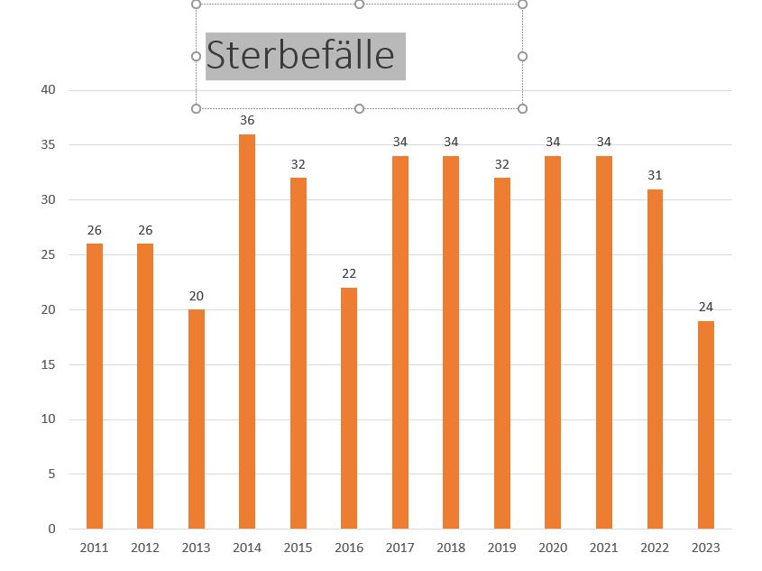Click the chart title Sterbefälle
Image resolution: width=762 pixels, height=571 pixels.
tap(300, 56)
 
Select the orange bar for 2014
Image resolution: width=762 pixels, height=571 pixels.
tap(247, 331)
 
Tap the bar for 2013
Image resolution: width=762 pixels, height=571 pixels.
tap(197, 419)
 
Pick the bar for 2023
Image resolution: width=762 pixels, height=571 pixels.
tap(705, 424)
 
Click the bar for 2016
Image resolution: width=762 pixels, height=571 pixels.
tap(349, 408)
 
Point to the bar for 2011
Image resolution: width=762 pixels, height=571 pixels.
tap(95, 386)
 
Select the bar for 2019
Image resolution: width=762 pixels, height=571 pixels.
tap(502, 353)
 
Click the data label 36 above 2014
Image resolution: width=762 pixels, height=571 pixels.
tap(247, 120)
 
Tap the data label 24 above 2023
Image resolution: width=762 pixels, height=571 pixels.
tap(705, 307)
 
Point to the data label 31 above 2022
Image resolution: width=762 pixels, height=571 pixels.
tap(655, 175)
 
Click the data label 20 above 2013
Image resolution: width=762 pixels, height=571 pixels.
tap(197, 296)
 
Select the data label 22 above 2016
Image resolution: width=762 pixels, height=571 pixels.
tap(349, 273)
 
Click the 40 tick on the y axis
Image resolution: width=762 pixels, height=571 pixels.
tap(48, 89)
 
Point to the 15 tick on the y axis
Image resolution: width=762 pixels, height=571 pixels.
tap(48, 364)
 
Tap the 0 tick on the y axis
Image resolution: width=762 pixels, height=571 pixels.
tap(51, 529)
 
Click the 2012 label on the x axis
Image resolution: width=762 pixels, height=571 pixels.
tap(145, 548)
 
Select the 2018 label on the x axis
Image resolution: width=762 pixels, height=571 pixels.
tap(451, 548)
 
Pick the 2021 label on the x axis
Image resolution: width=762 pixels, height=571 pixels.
tap(603, 548)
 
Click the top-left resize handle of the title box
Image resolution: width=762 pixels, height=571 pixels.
tap(197, 5)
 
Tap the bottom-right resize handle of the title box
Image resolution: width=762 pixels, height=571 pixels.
tap(522, 108)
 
